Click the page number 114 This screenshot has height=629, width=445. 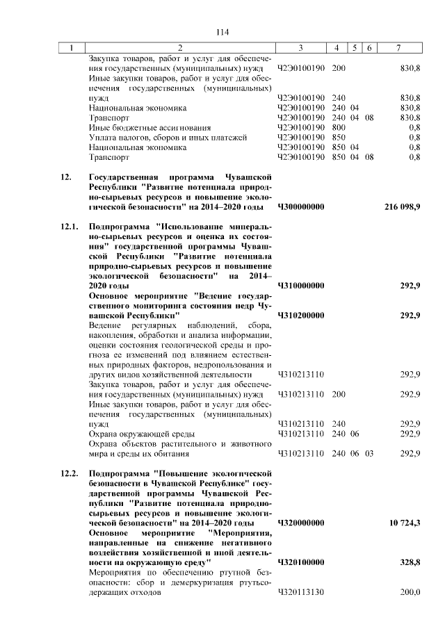[x=222, y=33]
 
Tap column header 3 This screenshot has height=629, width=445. [x=300, y=48]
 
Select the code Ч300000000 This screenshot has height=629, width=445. [x=301, y=207]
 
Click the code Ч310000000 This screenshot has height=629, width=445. [x=301, y=286]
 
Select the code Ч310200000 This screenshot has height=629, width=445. [x=301, y=316]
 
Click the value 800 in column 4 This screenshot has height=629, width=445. [x=339, y=128]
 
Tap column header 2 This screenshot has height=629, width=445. [x=179, y=48]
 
